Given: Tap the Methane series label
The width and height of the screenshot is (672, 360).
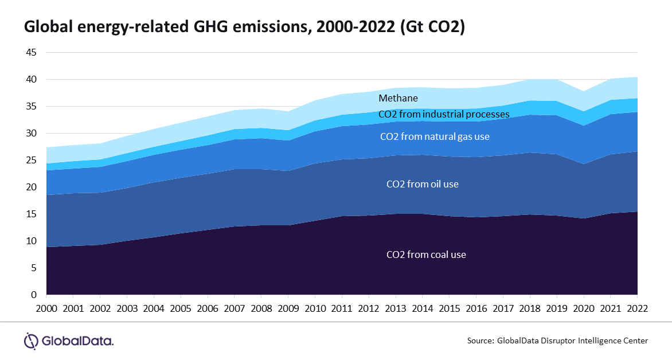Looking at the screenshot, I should pos(398,99).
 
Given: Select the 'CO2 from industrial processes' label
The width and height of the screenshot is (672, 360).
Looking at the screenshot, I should pos(444,115).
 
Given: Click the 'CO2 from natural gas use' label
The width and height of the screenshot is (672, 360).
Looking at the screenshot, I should pos(435,137).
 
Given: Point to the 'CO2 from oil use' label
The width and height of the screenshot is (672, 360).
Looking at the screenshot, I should pos(423,185).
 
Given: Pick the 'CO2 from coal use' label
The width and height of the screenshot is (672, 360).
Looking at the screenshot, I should pos(426,255).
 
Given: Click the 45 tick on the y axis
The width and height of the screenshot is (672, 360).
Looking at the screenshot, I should pos(30,53).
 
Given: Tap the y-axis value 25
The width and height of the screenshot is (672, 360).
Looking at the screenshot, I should pos(30,161).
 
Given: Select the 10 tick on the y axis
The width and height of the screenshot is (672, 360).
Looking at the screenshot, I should pos(30,241).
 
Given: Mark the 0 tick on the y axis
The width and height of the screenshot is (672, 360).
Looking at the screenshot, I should pos(33,295).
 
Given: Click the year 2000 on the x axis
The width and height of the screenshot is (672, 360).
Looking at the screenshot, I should pos(46,308).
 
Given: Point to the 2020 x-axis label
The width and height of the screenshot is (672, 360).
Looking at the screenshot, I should pos(584,308).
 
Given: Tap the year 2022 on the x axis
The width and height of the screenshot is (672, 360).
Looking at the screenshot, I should pos(637,308).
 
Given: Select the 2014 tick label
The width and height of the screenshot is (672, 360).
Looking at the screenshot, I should pos(423,308).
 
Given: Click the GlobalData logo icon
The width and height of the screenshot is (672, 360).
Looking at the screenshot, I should pos(31,341).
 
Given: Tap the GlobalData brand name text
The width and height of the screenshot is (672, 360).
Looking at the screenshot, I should pos(77,341).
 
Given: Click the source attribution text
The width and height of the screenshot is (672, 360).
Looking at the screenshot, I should pos(557,341).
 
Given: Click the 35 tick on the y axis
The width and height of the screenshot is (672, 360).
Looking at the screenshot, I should pos(30,107).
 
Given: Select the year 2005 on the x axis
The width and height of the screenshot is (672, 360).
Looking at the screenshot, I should pos(181,308).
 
